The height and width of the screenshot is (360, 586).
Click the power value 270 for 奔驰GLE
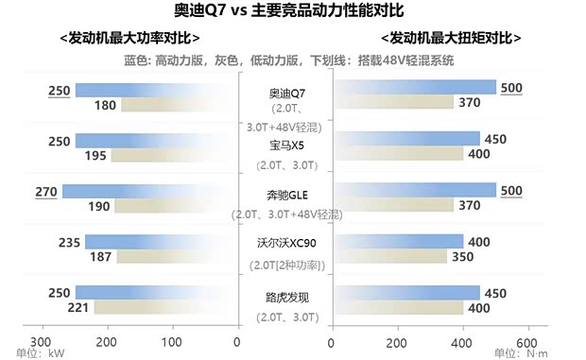click(46, 192)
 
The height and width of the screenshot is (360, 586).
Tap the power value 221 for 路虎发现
click(79, 308)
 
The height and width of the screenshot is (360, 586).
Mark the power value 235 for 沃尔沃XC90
click(69, 242)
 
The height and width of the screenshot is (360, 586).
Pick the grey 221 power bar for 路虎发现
click(164, 308)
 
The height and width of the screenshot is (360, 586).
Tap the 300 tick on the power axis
click(41, 342)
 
